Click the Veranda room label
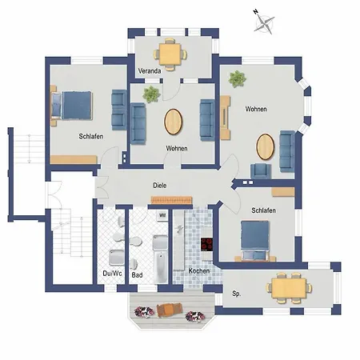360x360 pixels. [x=150, y=71]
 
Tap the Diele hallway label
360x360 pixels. [x=160, y=186]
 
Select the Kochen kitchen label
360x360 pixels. [x=199, y=271]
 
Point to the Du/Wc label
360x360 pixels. [x=112, y=274]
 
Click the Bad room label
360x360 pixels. [x=137, y=275]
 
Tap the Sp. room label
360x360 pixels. [x=237, y=294]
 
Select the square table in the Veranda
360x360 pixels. [x=170, y=54]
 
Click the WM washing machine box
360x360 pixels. [x=162, y=215]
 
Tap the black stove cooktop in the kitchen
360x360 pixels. [x=206, y=245]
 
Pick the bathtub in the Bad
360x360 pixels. [x=160, y=267]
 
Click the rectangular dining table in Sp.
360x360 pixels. [x=289, y=288]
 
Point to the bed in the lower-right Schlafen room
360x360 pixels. [x=254, y=240]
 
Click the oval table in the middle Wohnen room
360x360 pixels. [x=174, y=122]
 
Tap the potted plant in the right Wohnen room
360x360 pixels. [x=237, y=79]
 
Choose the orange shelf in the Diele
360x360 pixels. [x=171, y=200]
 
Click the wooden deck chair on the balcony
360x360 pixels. [x=170, y=310]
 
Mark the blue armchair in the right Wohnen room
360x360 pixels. [x=261, y=171]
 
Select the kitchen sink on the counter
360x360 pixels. [x=179, y=230]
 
